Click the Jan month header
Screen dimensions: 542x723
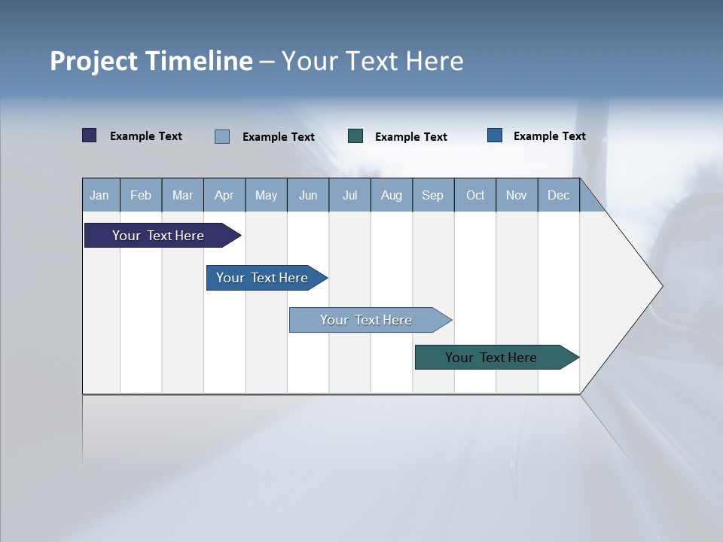point(100,195)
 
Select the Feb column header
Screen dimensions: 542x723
point(141,195)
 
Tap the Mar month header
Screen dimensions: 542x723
point(182,195)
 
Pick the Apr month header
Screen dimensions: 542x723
point(224,195)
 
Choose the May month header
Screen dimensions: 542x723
point(266,195)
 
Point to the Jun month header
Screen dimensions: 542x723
point(308,195)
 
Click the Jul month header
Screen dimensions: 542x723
point(349,195)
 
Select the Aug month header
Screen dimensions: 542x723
point(392,195)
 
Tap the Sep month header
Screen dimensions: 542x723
point(433,195)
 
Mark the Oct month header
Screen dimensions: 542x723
point(475,195)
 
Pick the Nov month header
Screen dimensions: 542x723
point(517,195)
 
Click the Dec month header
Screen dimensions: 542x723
point(559,195)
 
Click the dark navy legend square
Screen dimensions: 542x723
point(90,135)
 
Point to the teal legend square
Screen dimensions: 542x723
point(355,136)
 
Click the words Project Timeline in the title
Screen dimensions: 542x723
point(151,61)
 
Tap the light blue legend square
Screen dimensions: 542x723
point(222,136)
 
